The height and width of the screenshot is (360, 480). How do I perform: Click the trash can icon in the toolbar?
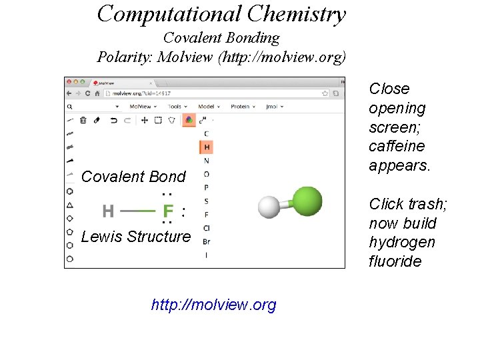[83, 121]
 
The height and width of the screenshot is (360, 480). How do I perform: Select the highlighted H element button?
[207, 147]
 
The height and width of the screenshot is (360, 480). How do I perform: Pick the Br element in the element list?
[207, 241]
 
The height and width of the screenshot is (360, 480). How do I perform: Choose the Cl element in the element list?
[207, 228]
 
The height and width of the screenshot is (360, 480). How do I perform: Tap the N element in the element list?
[207, 161]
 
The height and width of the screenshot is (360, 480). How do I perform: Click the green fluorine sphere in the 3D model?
[307, 201]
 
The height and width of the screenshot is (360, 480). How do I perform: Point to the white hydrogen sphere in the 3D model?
[269, 207]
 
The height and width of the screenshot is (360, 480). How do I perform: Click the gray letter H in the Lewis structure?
[108, 212]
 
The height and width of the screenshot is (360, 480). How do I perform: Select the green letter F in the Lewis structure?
[168, 212]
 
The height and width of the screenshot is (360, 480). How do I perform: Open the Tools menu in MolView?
[176, 107]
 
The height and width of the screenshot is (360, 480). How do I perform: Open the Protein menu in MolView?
[240, 107]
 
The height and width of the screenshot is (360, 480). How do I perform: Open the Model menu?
[207, 107]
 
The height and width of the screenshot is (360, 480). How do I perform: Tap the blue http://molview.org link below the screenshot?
[213, 305]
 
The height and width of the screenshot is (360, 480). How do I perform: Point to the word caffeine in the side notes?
[397, 146]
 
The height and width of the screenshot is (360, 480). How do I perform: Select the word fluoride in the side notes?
[395, 261]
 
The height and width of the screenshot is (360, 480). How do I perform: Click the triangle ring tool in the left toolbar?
[70, 205]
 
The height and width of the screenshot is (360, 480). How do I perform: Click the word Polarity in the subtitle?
[124, 57]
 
